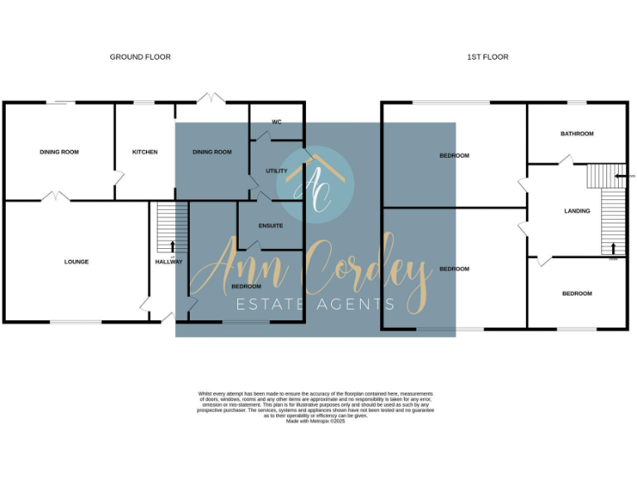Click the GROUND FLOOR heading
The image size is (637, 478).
tap(140, 57)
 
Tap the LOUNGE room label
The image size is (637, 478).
tap(76, 262)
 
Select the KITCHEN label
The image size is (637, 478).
tap(144, 152)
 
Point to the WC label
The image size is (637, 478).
tap(276, 122)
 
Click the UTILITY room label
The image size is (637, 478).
tap(276, 171)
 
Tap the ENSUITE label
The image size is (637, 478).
tap(270, 226)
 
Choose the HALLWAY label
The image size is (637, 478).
tap(168, 262)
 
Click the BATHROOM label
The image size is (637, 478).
tap(576, 134)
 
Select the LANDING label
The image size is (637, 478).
tap(576, 211)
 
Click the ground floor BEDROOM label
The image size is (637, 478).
tap(246, 286)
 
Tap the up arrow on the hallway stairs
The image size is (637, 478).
tap(172, 246)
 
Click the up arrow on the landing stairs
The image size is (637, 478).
tap(613, 248)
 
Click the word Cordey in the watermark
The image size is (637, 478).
tap(365, 270)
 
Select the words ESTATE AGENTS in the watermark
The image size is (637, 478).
tap(316, 305)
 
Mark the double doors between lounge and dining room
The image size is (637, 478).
tap(57, 197)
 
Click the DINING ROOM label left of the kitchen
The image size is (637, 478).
tap(59, 152)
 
